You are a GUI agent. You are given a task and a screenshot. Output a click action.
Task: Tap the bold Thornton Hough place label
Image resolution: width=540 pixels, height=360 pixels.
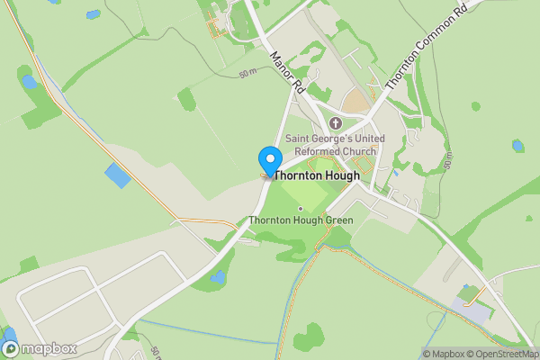[x=317, y=176]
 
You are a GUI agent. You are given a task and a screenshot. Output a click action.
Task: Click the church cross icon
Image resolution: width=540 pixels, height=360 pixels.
[x=336, y=123]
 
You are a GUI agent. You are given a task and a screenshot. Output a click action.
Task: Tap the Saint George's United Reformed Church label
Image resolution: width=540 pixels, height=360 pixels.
[x=335, y=144]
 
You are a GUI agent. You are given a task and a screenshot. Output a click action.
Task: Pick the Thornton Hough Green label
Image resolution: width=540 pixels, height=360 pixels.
[x=301, y=220]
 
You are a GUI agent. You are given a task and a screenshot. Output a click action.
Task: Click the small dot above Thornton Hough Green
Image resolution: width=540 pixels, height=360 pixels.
[x=301, y=209]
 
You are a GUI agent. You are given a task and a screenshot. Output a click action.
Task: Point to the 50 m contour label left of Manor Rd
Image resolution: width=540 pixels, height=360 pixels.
[x=249, y=73]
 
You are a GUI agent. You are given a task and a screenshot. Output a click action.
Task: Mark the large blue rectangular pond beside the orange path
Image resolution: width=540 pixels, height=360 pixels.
[x=117, y=175]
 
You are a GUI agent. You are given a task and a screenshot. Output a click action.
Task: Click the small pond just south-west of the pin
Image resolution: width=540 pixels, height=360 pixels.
[x=217, y=277]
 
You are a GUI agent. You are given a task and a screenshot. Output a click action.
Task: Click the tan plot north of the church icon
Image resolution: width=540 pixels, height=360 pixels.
[x=358, y=101]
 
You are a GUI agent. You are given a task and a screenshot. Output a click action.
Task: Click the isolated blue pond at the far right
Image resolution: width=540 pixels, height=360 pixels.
[x=517, y=145]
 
